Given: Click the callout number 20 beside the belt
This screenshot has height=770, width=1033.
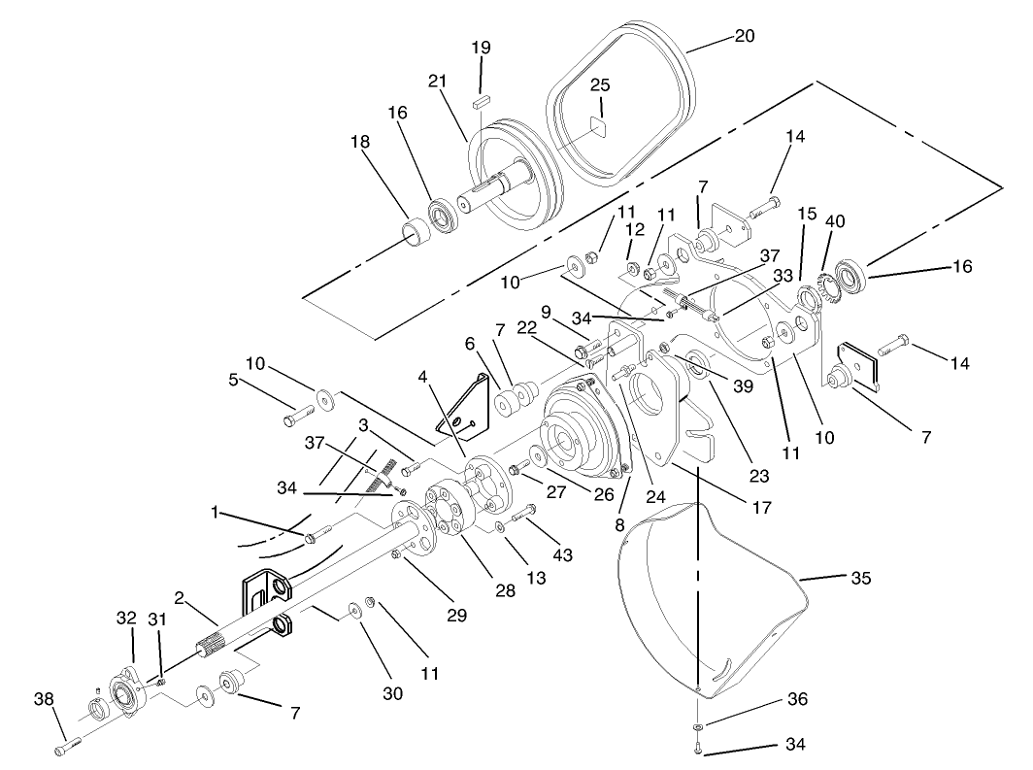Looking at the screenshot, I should point(744,36).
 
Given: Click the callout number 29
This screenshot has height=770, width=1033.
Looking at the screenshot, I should point(455,615).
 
